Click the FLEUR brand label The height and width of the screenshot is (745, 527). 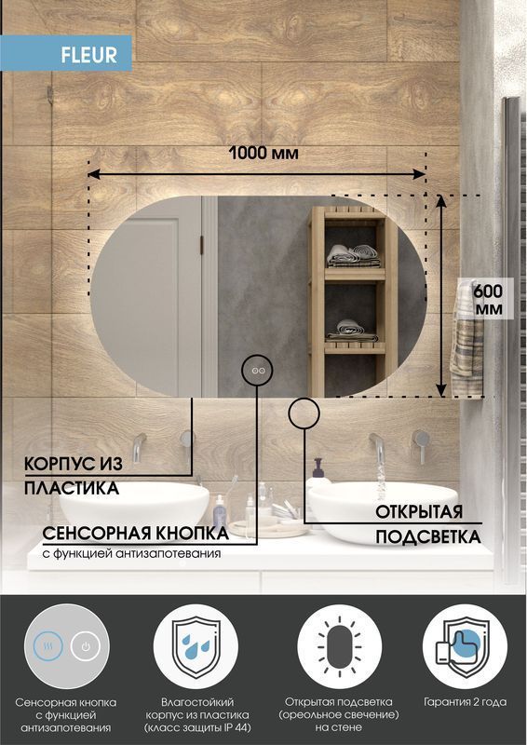point(88,55)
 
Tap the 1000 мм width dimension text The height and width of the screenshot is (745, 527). point(263,153)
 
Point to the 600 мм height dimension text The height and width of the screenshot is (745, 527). point(488,299)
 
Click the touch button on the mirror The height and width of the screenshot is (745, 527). point(257,370)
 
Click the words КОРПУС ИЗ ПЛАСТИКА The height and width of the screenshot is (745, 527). point(73,476)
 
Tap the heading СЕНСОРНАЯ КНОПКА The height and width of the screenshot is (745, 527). point(136,534)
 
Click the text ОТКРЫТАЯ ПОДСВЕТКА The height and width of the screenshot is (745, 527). point(427,524)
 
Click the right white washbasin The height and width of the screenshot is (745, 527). point(383,510)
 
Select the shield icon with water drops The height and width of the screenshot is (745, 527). point(196,646)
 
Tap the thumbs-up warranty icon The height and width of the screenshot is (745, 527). point(465,646)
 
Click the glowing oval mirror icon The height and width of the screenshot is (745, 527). point(339,646)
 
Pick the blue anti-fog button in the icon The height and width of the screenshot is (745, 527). point(48,646)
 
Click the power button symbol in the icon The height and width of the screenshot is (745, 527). point(86,646)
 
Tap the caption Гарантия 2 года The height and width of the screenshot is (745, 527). point(465,702)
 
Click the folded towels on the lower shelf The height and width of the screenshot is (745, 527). point(352,331)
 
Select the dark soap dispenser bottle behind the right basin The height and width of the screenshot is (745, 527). point(318,470)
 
